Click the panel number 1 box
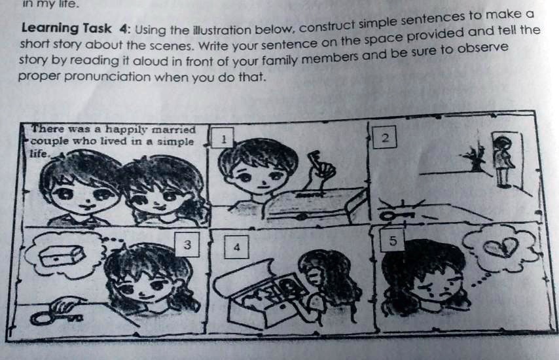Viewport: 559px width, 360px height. (223, 139)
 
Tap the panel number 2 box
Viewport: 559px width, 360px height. (386, 138)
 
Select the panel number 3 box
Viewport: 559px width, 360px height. (187, 245)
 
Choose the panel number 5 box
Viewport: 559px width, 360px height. (392, 241)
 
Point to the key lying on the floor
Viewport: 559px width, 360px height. (393, 214)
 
